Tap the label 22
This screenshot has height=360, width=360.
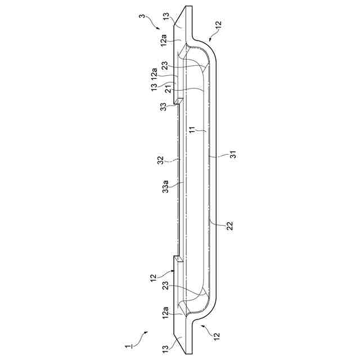(229, 226)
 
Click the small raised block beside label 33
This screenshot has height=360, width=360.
(178, 101)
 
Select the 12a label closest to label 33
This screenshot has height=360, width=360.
(153, 73)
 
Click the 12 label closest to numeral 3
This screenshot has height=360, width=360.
(218, 25)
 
